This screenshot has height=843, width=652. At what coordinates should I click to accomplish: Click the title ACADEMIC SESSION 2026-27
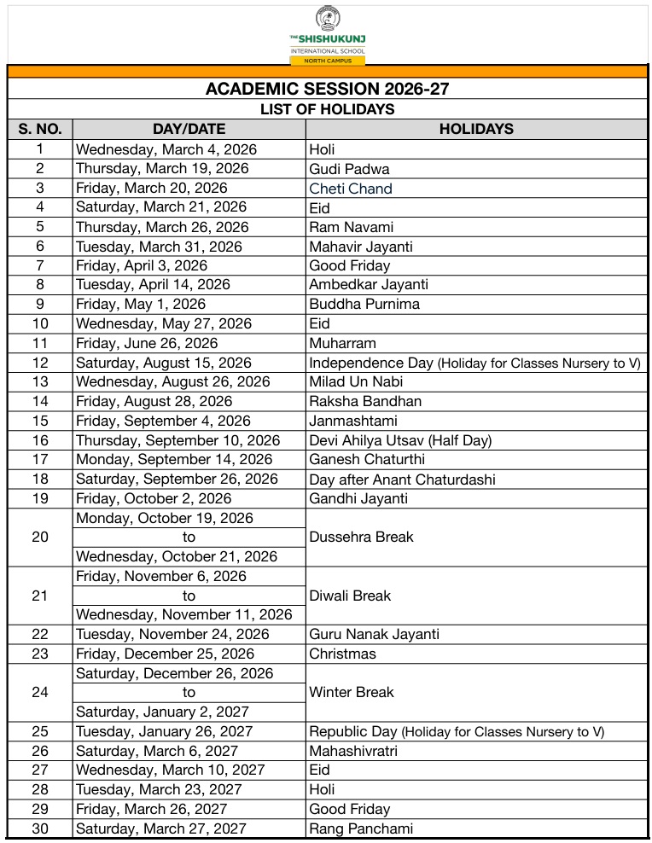point(328,89)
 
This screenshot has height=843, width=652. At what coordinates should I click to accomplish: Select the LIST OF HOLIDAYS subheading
point(328,109)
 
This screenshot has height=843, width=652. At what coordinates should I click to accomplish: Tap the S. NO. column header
point(40,129)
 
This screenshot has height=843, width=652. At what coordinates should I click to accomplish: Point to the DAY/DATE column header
point(189,129)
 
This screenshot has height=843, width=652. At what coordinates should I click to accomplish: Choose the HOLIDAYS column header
point(476,129)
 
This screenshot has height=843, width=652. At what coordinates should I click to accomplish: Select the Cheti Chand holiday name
point(351,189)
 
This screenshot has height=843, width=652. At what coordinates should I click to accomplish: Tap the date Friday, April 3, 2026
point(142,265)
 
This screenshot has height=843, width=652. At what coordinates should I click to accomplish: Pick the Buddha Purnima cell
point(364,304)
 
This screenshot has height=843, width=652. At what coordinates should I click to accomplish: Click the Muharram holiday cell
point(342,343)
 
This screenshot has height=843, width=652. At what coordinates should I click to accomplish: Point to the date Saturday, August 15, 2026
point(164,363)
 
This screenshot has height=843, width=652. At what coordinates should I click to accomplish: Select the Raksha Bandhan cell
point(365,401)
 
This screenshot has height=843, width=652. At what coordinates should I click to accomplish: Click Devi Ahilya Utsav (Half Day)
point(400,440)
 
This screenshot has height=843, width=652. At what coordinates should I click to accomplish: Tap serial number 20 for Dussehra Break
point(40,537)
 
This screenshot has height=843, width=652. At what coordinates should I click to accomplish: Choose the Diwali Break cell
point(350,596)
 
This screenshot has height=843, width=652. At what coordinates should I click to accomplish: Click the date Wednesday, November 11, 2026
point(184,614)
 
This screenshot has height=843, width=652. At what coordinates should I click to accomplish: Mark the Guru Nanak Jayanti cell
point(375,634)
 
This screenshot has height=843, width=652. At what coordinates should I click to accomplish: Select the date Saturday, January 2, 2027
point(161,712)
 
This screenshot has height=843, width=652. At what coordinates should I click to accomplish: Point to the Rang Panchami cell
point(361,828)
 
